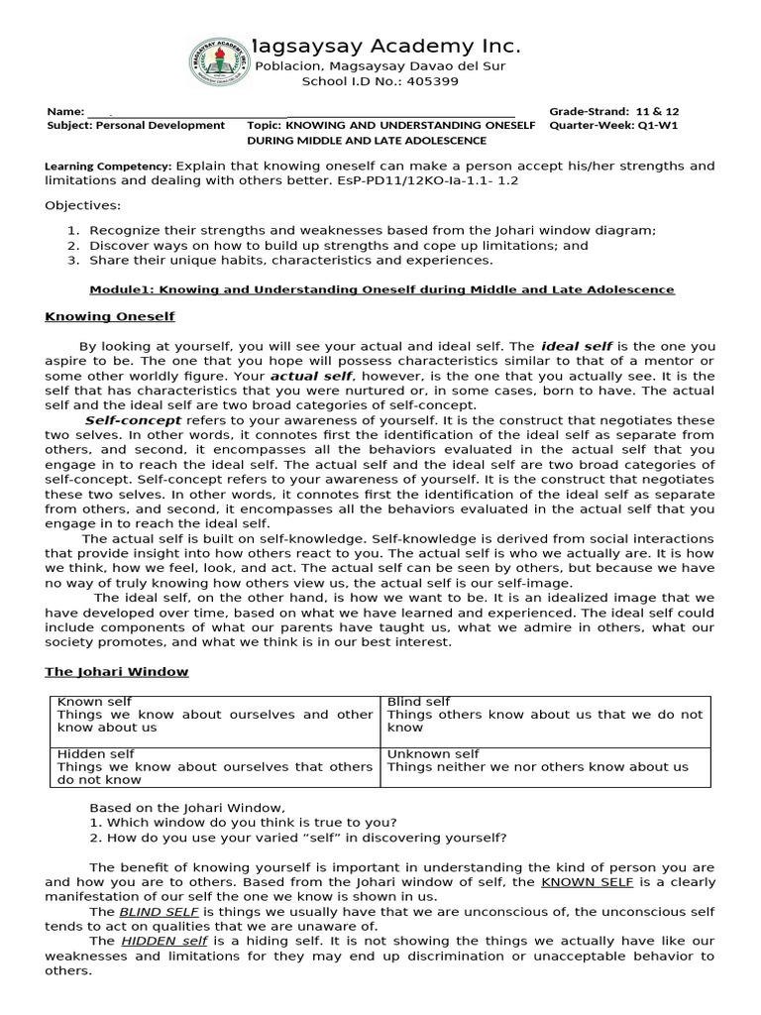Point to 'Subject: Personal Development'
tap(136, 126)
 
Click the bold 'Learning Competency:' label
tap(109, 167)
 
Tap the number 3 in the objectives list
tap(72, 260)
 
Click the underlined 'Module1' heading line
tap(381, 289)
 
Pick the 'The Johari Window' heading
tap(116, 671)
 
